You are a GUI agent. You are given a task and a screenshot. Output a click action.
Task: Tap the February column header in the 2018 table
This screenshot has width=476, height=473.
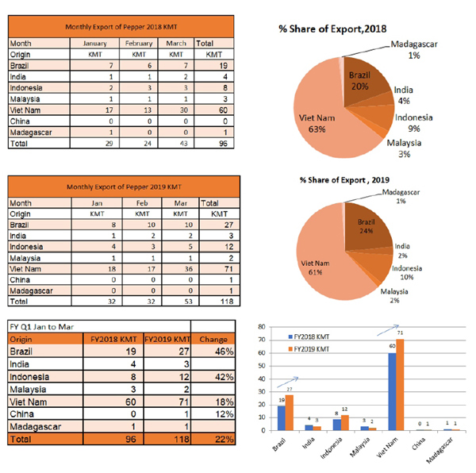139,42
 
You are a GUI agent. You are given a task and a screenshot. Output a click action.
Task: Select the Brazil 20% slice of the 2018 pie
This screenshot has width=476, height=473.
361,79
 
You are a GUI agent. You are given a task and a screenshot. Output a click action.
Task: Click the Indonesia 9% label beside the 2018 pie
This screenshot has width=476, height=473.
414,122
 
